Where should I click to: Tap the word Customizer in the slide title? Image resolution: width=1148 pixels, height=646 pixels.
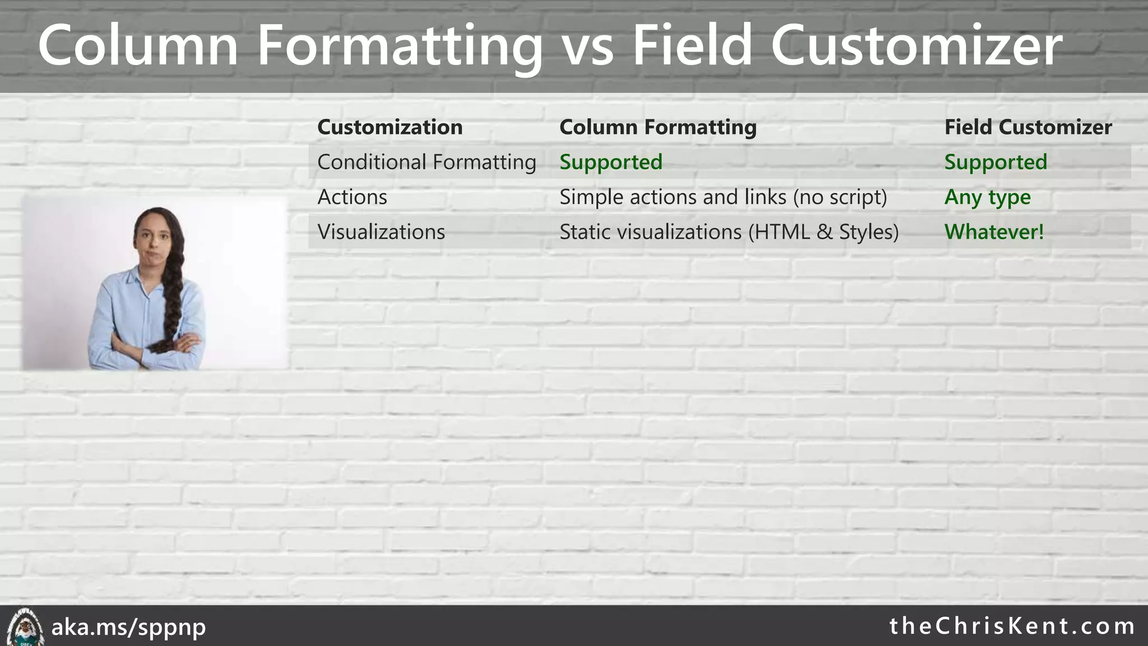916,46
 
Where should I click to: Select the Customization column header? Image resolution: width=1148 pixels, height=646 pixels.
390,127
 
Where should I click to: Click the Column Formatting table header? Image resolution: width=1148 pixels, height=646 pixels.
658,127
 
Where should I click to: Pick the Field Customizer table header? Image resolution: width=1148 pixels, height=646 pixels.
1027,127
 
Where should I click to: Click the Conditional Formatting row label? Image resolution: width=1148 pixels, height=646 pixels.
427,163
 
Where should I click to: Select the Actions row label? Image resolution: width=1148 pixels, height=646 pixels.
352,197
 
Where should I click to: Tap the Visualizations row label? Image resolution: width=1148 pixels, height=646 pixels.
381,232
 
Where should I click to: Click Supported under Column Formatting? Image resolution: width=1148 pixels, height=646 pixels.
610,163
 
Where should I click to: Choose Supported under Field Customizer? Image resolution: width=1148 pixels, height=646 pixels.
996,163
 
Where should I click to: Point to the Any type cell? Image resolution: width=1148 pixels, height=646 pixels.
987,197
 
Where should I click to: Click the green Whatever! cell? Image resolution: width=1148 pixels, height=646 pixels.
994,232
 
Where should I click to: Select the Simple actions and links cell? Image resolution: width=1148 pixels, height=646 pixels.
723,197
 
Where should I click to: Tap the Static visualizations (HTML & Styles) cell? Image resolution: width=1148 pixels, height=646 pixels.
729,232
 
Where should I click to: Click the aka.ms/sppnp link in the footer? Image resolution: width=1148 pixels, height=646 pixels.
128,627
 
